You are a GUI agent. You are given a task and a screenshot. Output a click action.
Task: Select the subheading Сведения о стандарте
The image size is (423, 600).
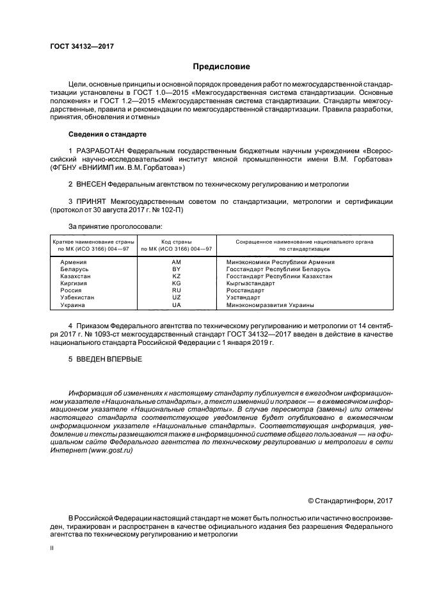108,135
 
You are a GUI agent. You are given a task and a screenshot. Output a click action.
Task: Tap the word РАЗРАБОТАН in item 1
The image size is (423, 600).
102,151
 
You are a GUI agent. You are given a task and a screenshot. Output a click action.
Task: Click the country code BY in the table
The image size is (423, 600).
177,269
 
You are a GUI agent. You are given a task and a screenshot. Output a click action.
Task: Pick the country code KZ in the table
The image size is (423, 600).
177,276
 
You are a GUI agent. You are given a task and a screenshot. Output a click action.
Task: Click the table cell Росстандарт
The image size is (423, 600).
245,290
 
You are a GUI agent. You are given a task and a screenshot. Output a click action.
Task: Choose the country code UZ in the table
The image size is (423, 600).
177,297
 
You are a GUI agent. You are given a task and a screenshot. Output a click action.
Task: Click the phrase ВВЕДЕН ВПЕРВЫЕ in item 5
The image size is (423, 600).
109,358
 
